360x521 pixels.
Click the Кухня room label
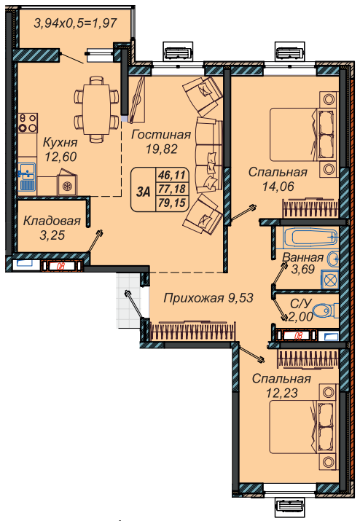tap(60, 143)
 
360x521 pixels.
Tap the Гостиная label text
tap(161, 135)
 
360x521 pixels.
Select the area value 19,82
tap(162, 149)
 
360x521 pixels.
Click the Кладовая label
tap(52, 221)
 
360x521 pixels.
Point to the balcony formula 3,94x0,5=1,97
tap(76, 23)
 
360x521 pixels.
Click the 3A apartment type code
tap(144, 192)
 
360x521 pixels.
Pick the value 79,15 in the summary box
tap(172, 203)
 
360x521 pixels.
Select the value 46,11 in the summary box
tap(172, 175)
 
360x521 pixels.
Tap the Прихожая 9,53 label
tap(208, 298)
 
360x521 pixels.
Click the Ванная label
tap(303, 257)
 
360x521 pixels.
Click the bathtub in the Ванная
tap(310, 238)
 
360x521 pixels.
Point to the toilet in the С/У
tap(325, 312)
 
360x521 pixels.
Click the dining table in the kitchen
tap(96, 109)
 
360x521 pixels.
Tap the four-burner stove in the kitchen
tap(28, 123)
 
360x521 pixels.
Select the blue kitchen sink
tap(27, 176)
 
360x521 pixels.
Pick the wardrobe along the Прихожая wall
tap(193, 331)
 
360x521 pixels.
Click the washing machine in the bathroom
tap(330, 279)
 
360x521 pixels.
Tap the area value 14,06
tap(278, 187)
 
